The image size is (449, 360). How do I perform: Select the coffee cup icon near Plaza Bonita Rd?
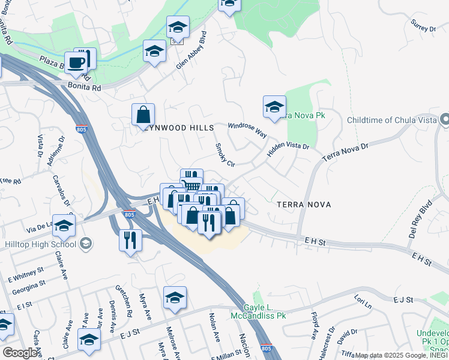pyautogui.click(x=77, y=62)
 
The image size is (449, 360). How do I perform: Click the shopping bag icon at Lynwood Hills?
pyautogui.click(x=143, y=113)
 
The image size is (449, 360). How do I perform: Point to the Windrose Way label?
pyautogui.click(x=247, y=130)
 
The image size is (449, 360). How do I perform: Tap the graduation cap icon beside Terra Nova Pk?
pyautogui.click(x=274, y=107)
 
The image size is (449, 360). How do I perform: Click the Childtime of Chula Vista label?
pyautogui.click(x=391, y=121)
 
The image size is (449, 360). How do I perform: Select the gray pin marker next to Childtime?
pyautogui.click(x=444, y=120)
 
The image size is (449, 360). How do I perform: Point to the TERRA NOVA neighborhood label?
pyautogui.click(x=304, y=205)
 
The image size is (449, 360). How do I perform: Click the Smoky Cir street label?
pyautogui.click(x=224, y=154)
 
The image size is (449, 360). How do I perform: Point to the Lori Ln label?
pyautogui.click(x=363, y=302)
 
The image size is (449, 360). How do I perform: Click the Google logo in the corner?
pyautogui.click(x=20, y=352)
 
